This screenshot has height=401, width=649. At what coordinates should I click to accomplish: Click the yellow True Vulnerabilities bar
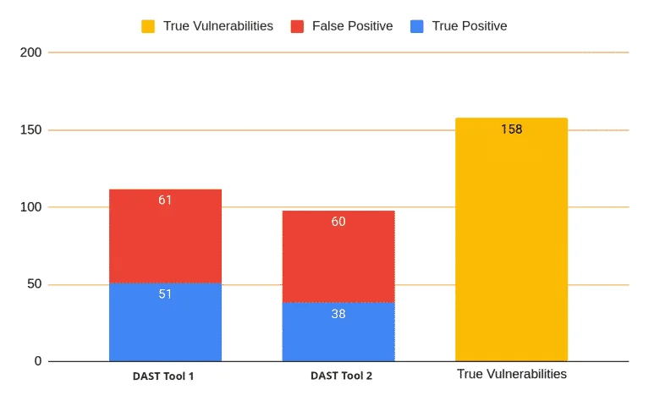pos(511,245)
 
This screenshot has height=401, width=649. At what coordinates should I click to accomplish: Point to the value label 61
pos(165,200)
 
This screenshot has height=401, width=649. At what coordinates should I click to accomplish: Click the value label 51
pos(165,294)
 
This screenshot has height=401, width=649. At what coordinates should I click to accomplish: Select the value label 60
pos(338,222)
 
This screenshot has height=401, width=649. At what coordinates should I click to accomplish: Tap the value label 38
pos(338,313)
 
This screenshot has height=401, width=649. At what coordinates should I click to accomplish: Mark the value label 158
pos(511,129)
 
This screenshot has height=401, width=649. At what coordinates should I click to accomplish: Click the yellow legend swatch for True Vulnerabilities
pos(147,26)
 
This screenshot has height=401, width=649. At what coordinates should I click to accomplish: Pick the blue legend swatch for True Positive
pos(417,26)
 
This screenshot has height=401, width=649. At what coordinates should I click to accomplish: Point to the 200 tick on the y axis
pos(30,52)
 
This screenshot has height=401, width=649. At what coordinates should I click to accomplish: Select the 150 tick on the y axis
pos(30,130)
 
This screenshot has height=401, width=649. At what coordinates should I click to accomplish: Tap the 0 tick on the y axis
pos(37,361)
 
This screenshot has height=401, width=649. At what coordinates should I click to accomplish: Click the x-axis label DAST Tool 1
pos(163,376)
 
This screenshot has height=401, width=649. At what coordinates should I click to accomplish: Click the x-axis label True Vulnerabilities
pos(511,374)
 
